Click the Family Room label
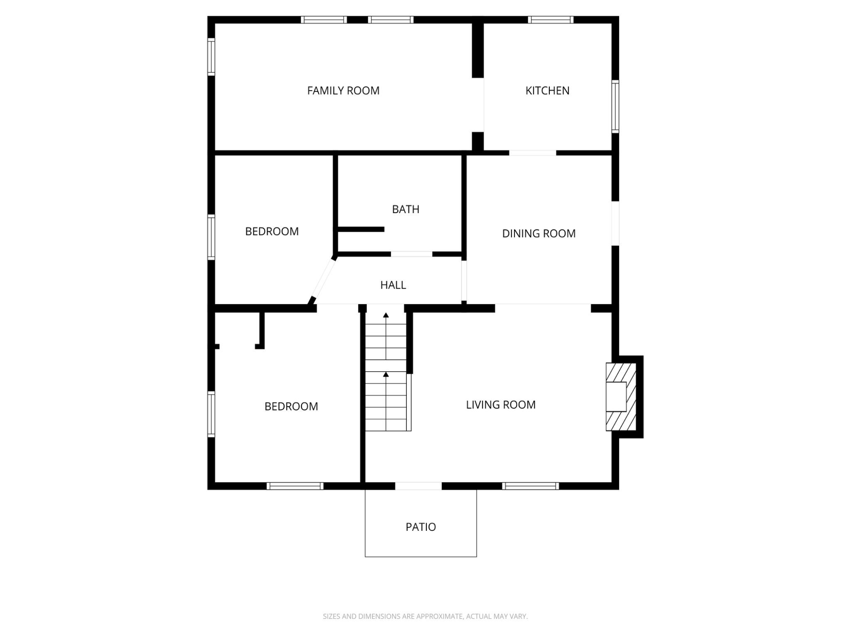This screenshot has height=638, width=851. coord(343,91)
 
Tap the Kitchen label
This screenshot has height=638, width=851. coord(547,91)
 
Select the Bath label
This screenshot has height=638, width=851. coord(406,209)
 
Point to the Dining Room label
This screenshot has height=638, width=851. coord(539,233)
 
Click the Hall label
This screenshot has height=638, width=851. coord(393,285)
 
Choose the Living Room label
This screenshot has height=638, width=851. coord(500,405)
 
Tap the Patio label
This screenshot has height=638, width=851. coord(421,527)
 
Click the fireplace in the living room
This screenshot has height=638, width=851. coord(620,397)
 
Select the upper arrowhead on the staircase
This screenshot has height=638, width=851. coord(386,315)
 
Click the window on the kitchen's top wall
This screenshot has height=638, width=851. coord(551,20)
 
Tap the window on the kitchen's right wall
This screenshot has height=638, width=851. coord(615,106)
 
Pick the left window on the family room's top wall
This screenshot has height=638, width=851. coord(324,20)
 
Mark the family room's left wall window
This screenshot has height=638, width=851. coord(211,56)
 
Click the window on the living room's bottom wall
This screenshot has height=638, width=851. coord(530,486)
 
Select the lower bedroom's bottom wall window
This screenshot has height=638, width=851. coord(295,486)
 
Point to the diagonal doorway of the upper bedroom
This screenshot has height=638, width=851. coord(323,279)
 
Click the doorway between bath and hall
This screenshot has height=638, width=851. coord(411,254)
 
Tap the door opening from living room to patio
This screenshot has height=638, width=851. coord(418,486)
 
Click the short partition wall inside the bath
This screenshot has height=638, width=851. coord(361,229)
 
